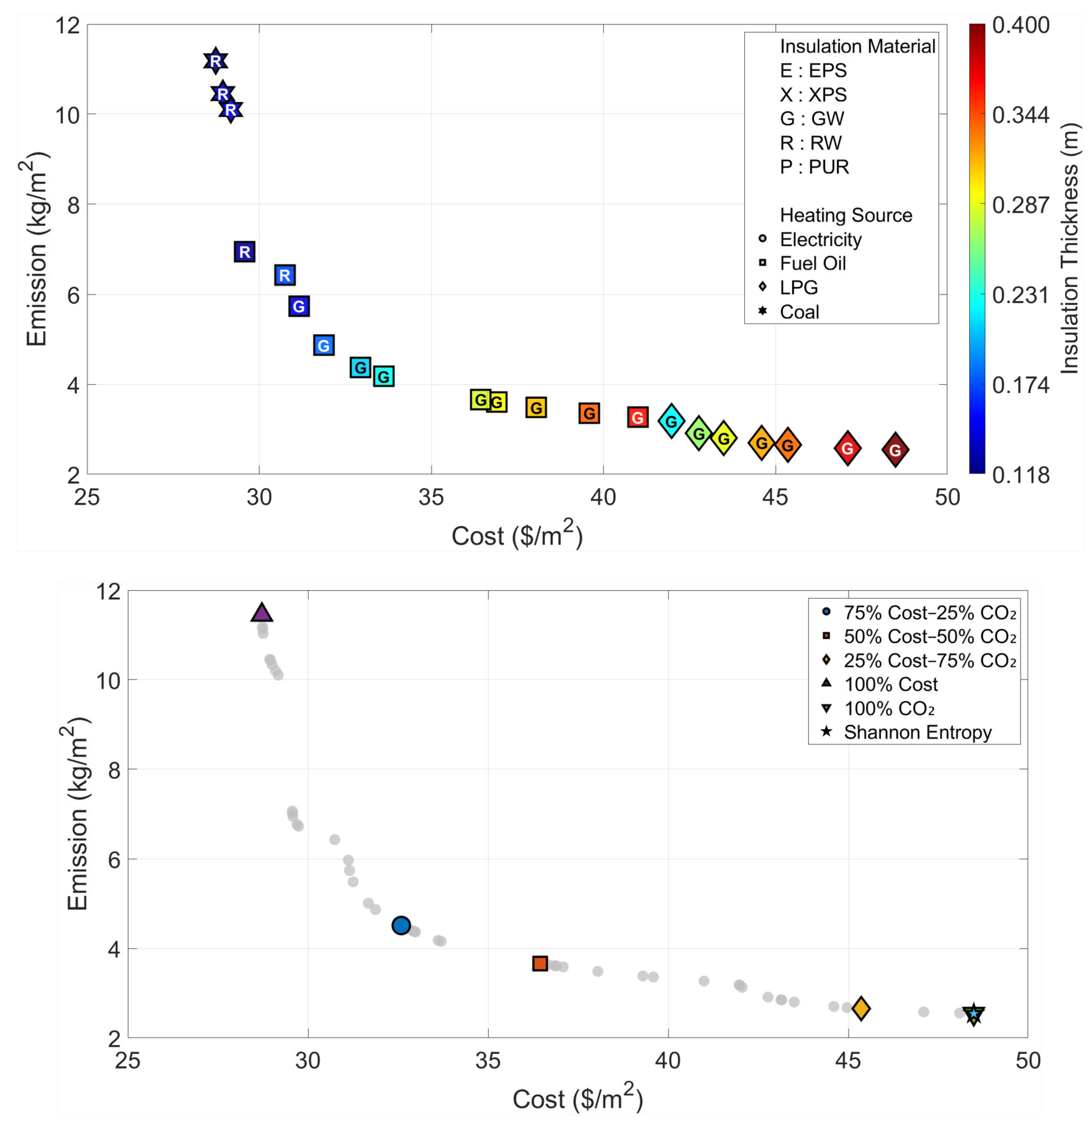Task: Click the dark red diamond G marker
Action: click(x=894, y=450)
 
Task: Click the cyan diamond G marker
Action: click(x=671, y=421)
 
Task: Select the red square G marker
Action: click(x=637, y=417)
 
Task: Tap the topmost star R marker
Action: click(x=215, y=61)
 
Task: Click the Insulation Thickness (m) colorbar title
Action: click(x=1069, y=249)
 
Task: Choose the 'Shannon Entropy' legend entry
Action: click(x=917, y=733)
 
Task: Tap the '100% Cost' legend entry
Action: click(x=891, y=684)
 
